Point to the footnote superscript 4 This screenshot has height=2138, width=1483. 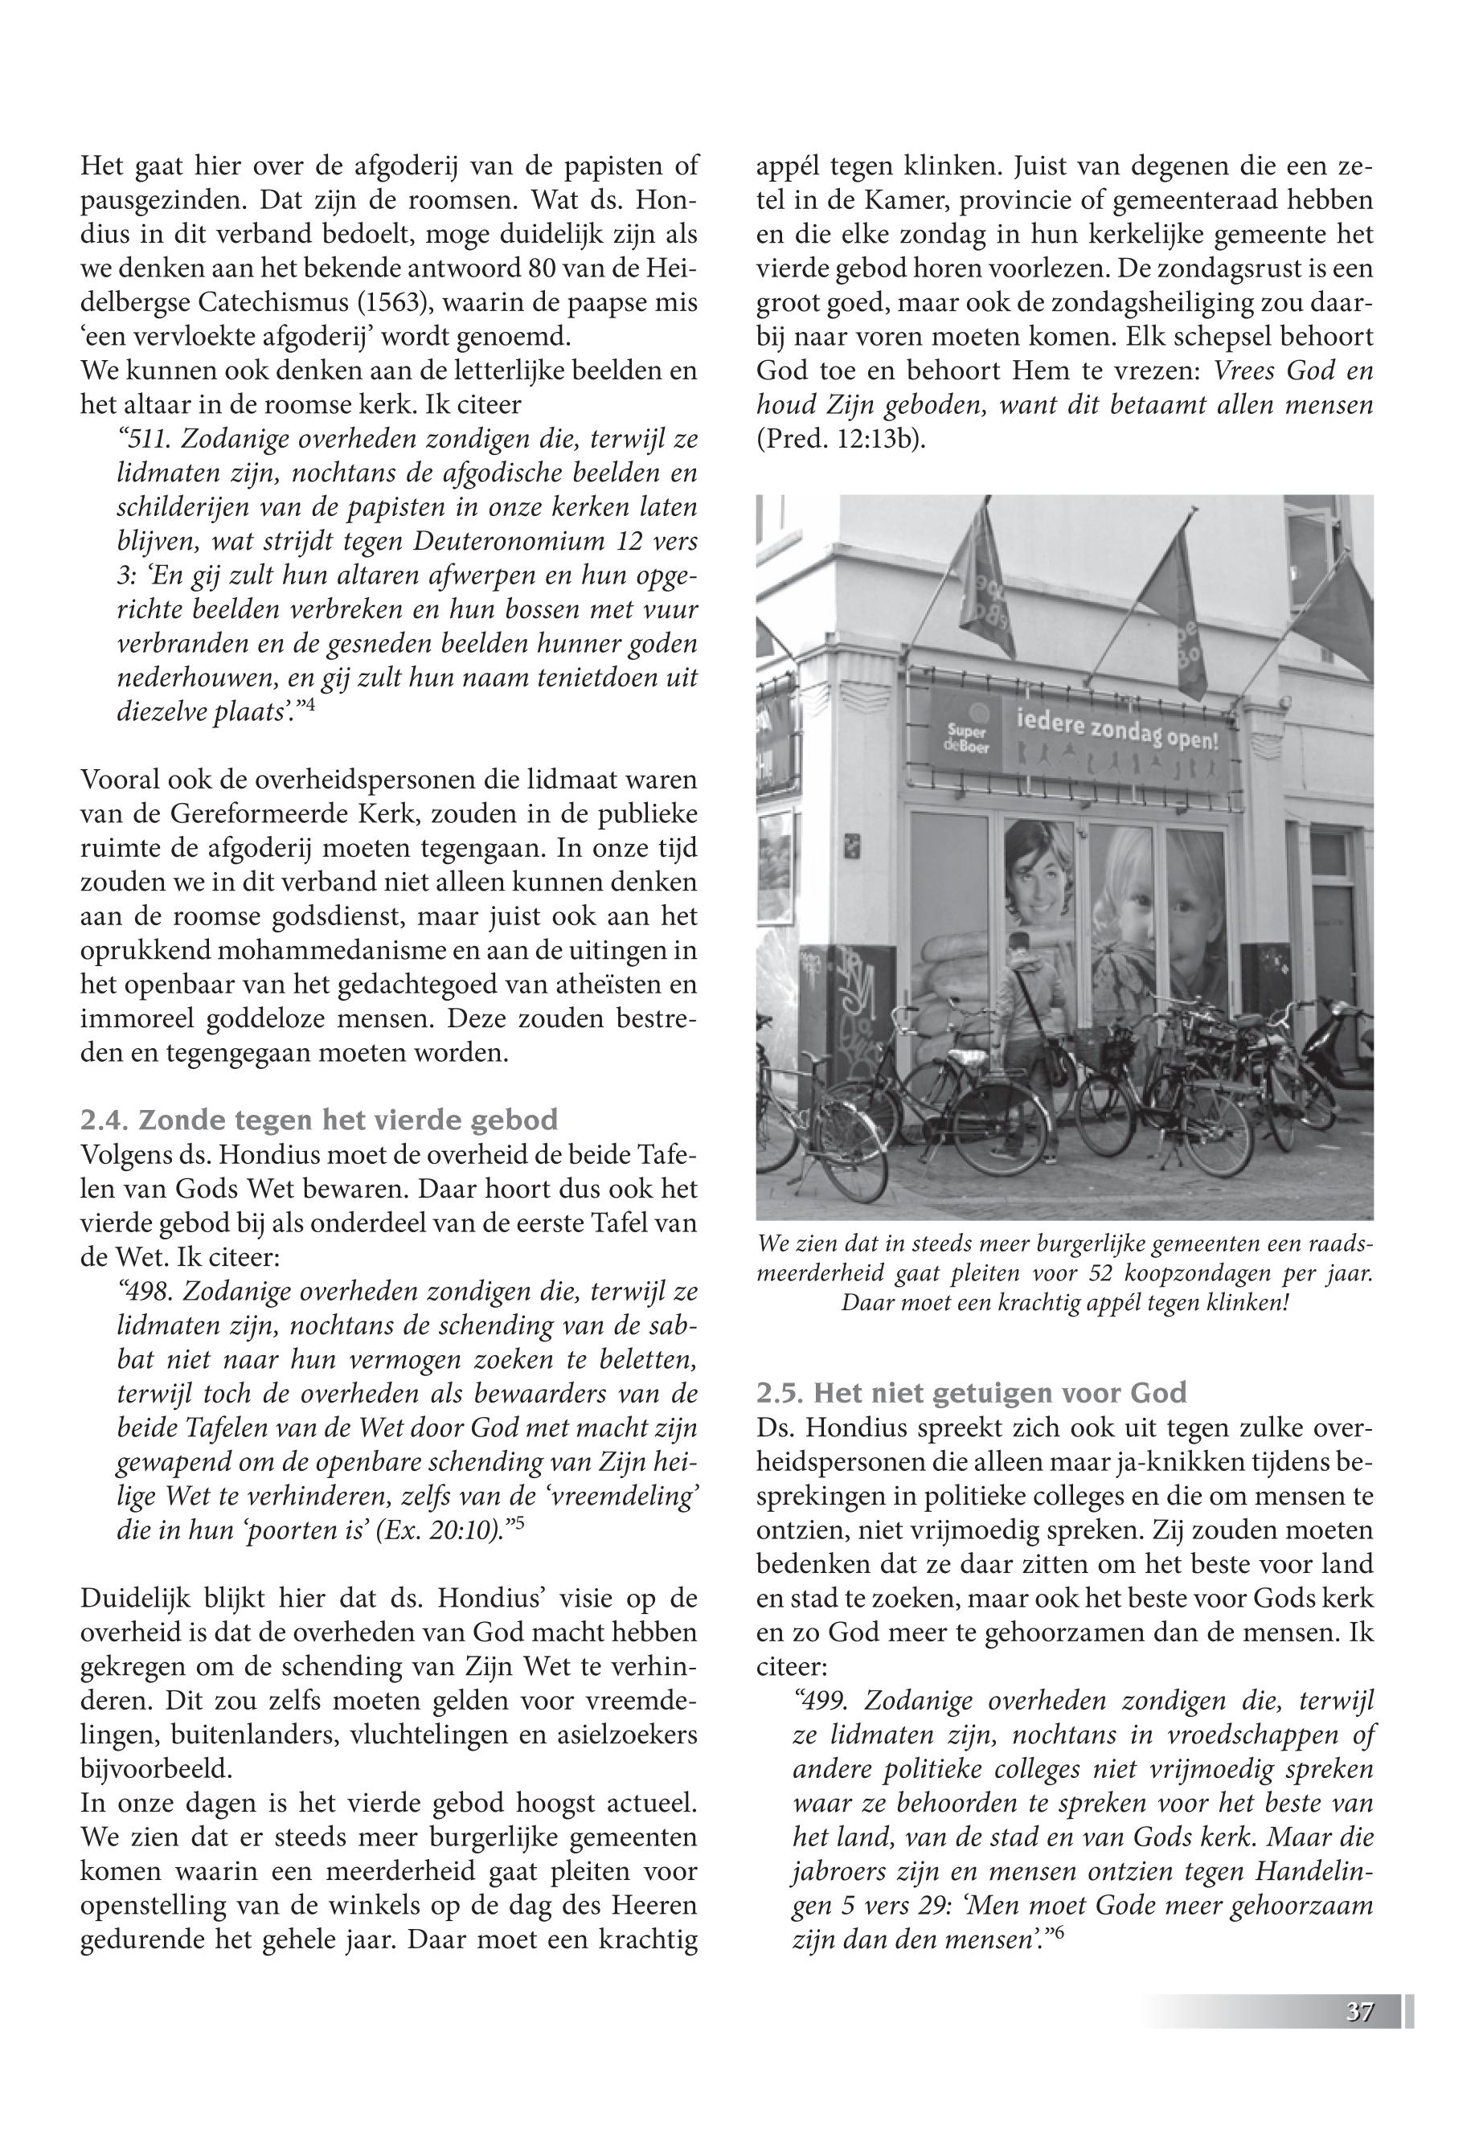point(324,704)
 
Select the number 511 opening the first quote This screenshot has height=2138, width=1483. point(154,440)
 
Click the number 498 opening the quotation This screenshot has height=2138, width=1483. point(154,1292)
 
